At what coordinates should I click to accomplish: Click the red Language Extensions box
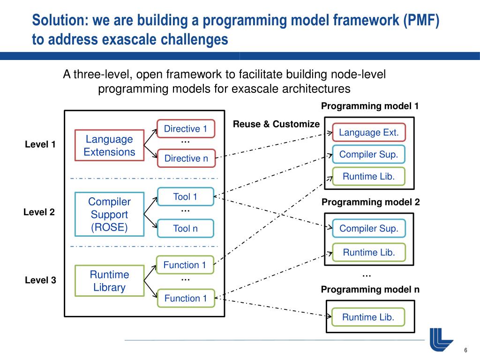pyautogui.click(x=109, y=145)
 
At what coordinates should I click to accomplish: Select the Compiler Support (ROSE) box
pyautogui.click(x=109, y=215)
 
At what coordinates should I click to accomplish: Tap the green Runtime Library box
pyautogui.click(x=109, y=281)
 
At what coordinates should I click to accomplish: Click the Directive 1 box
pyautogui.click(x=185, y=129)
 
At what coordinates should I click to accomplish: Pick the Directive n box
pyautogui.click(x=186, y=158)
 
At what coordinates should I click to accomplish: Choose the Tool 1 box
pyautogui.click(x=185, y=197)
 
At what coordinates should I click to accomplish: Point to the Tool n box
pyautogui.click(x=185, y=228)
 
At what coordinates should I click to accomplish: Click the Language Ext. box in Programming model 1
pyautogui.click(x=368, y=133)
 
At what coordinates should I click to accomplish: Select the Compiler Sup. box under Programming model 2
pyautogui.click(x=368, y=228)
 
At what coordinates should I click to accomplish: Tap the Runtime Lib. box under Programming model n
pyautogui.click(x=368, y=317)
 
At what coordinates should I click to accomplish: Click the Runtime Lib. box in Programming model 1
pyautogui.click(x=368, y=176)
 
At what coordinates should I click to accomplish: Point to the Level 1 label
pyautogui.click(x=40, y=144)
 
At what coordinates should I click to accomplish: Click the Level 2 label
pyautogui.click(x=39, y=212)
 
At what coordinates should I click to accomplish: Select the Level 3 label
pyautogui.click(x=40, y=280)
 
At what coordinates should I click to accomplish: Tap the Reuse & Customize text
pyautogui.click(x=276, y=124)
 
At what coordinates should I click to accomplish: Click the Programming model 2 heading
pyautogui.click(x=370, y=202)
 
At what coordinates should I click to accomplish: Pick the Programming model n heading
pyautogui.click(x=370, y=290)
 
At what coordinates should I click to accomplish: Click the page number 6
pyautogui.click(x=466, y=351)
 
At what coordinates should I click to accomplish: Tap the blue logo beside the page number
pyautogui.click(x=441, y=339)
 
